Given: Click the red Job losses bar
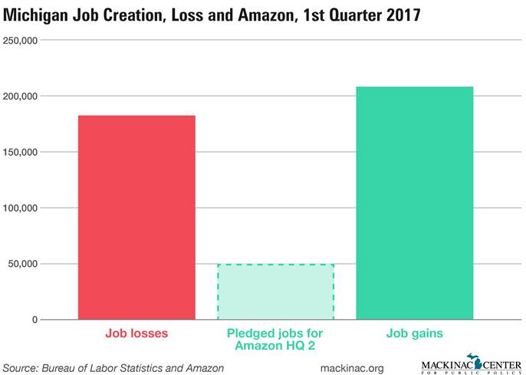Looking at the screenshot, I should click(x=136, y=217).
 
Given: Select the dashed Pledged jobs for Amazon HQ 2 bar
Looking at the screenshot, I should click(x=275, y=291).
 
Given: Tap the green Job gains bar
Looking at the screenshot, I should click(x=414, y=203).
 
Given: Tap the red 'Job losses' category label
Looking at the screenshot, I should click(x=136, y=334).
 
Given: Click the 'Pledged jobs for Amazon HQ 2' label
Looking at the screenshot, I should click(x=275, y=340).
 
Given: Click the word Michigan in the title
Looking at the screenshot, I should click(x=38, y=15).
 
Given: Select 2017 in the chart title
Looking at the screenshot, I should click(x=400, y=15).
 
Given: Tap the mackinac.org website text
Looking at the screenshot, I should click(x=352, y=368).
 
